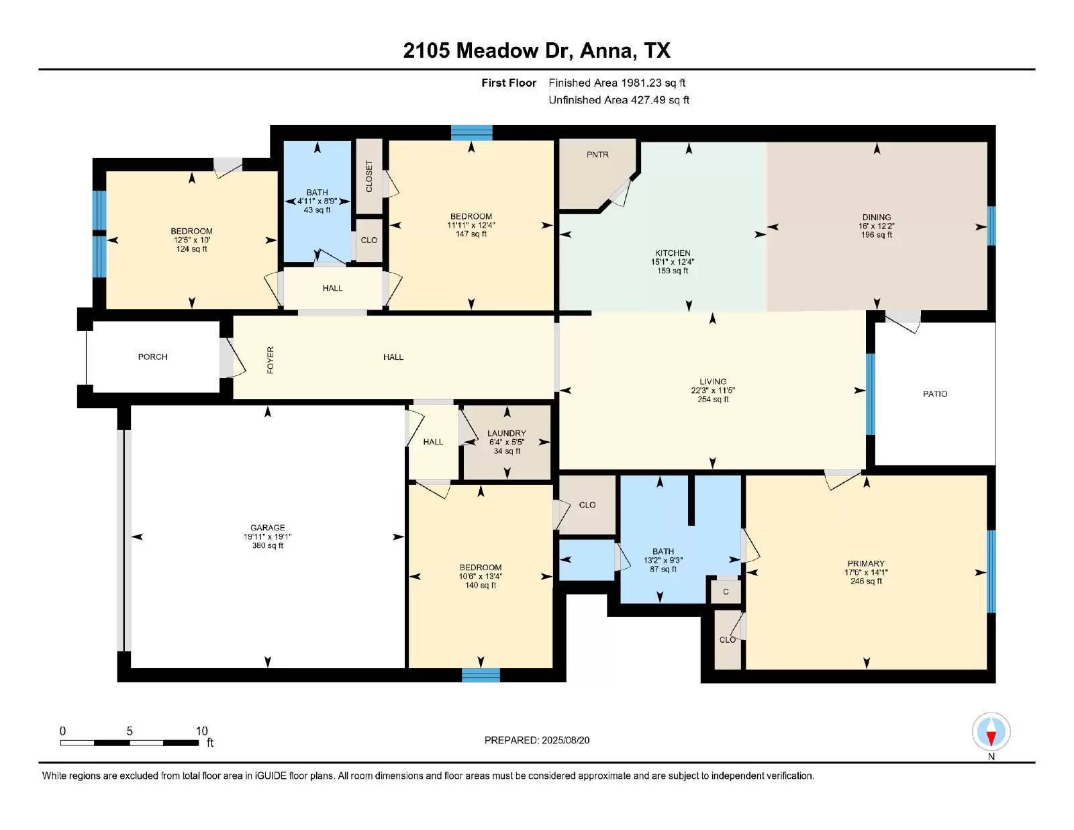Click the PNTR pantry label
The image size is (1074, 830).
tap(597, 154)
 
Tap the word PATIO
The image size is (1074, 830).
tap(934, 394)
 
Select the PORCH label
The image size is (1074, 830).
tap(152, 357)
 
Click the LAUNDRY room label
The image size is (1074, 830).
tap(506, 433)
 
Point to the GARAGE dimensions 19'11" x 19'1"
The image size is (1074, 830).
tap(267, 537)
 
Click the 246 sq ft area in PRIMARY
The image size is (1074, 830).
tap(866, 582)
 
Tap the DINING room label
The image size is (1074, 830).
tap(876, 217)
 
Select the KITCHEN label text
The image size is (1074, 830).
tap(673, 253)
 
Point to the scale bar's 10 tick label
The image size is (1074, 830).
tap(201, 731)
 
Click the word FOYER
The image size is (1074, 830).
tap(271, 360)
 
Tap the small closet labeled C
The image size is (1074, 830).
tap(726, 592)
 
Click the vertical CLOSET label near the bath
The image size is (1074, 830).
tap(369, 176)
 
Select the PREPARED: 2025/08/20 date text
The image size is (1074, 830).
tap(537, 740)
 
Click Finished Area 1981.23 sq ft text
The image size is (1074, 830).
tap(616, 83)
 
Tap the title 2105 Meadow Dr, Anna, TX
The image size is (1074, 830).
tap(536, 51)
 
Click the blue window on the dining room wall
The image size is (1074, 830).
tap(991, 226)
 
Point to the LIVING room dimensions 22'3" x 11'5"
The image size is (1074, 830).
tap(712, 390)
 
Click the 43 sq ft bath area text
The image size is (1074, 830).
tap(317, 210)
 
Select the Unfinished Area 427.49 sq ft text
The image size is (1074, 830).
tap(618, 100)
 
